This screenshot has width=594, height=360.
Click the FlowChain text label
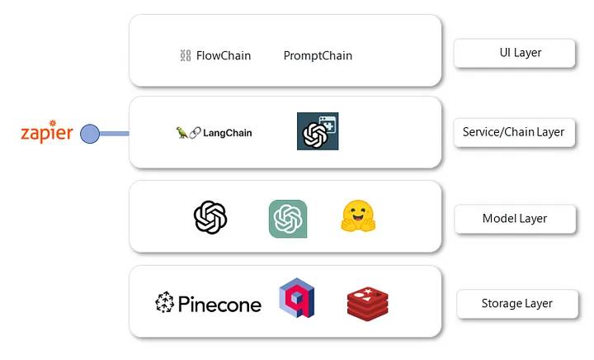tap(223, 56)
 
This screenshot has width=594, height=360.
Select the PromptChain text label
tap(318, 56)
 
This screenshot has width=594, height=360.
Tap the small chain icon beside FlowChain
tap(185, 56)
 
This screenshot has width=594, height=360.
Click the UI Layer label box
tap(514, 54)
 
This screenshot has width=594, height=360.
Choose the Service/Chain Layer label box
tap(514, 132)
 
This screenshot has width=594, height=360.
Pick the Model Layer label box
tap(514, 219)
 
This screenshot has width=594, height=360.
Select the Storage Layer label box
tap(516, 304)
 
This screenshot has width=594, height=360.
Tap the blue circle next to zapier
tap(89, 133)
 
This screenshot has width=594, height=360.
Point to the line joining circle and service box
tap(114, 133)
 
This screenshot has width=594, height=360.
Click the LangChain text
tap(227, 132)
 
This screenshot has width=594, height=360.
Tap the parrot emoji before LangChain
tap(181, 132)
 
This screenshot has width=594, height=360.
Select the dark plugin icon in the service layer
tap(318, 131)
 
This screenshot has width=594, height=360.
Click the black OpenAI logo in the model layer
tap(210, 218)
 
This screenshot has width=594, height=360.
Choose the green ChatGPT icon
tap(288, 219)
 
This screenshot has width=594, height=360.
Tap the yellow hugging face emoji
tap(359, 217)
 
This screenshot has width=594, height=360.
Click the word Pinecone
tap(219, 305)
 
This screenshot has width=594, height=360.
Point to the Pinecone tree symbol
tap(165, 304)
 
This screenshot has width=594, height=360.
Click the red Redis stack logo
tap(367, 304)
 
